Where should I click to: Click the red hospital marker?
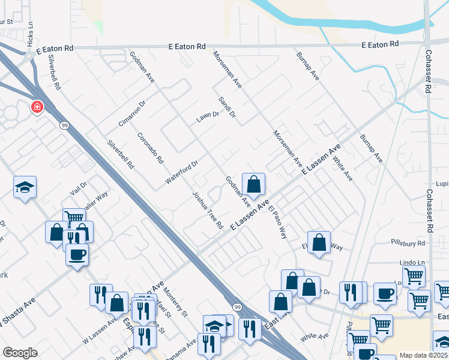pos(37,107)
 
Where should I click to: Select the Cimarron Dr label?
pos(133,113)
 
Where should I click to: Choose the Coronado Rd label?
pos(150,148)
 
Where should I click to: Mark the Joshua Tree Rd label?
pos(208,210)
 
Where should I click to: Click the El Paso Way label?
pos(277,223)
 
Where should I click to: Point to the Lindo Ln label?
pos(412,263)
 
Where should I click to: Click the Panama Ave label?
pos(184,350)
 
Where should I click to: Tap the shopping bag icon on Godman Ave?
pos(254,184)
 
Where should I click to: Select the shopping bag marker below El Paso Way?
pos(319,242)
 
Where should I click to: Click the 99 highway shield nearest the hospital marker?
pos(63,125)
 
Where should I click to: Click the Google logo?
pos(20,353)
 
